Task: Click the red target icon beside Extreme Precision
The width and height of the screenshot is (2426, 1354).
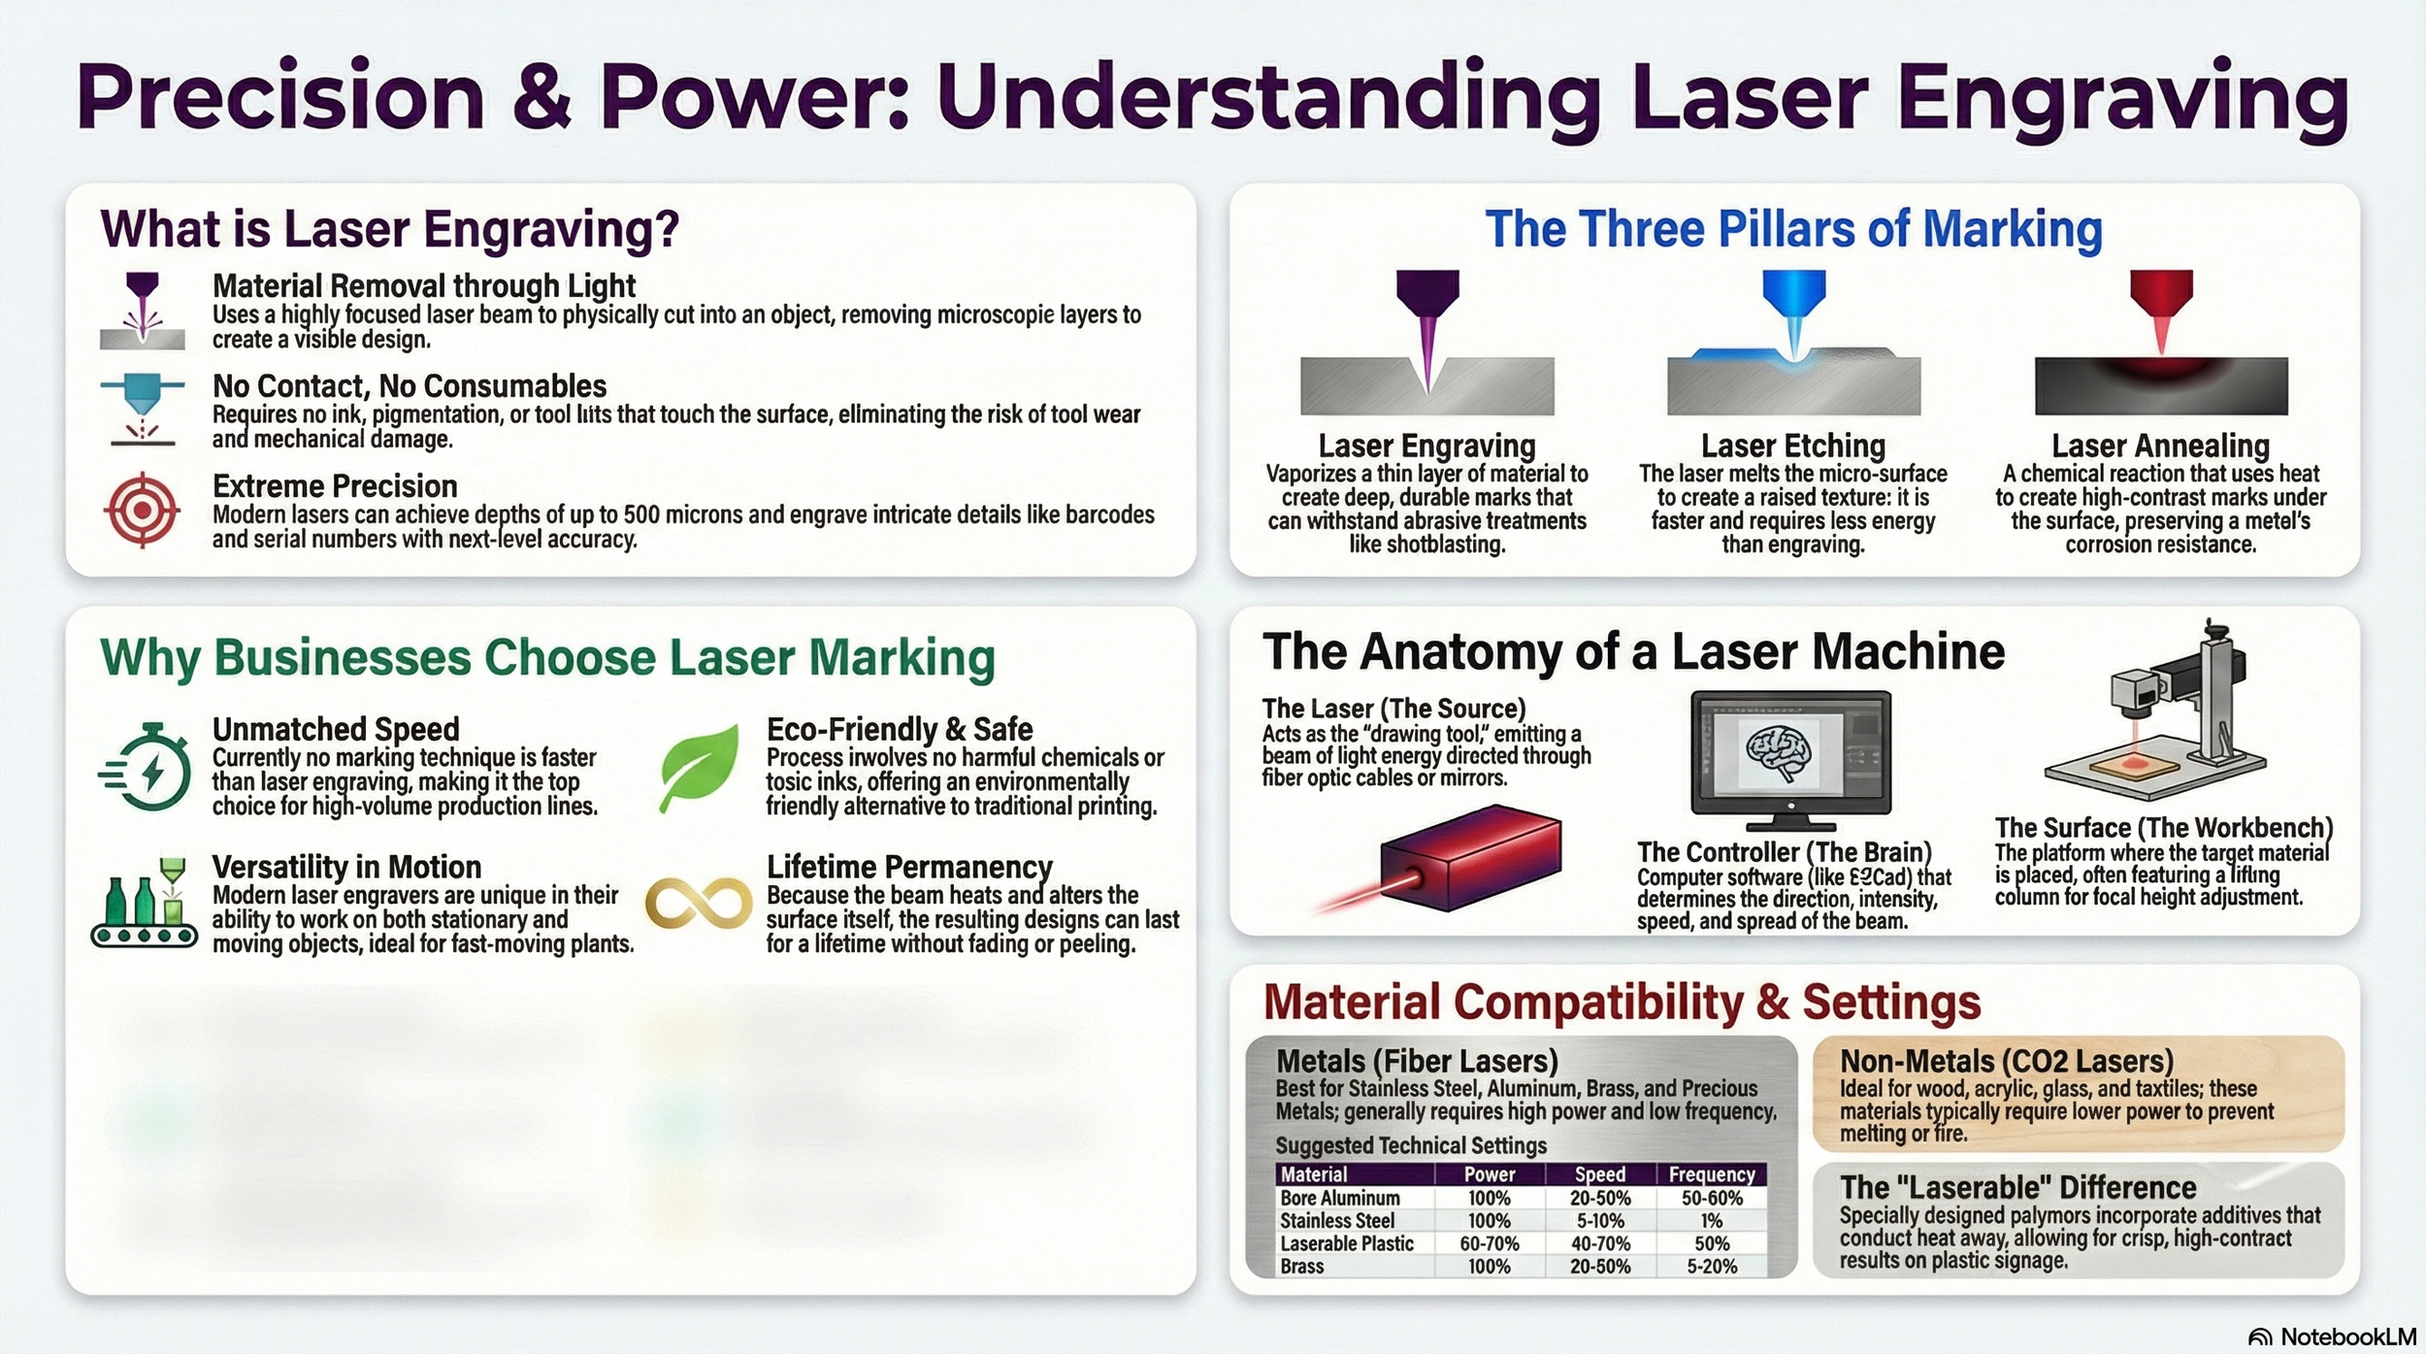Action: (142, 510)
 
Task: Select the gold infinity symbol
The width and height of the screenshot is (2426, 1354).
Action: (698, 904)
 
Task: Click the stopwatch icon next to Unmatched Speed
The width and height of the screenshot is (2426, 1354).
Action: (148, 768)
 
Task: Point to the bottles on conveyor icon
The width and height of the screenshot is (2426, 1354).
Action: (144, 905)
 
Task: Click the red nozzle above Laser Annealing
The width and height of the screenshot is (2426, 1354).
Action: (2161, 297)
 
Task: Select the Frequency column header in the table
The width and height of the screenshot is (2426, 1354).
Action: (1712, 1174)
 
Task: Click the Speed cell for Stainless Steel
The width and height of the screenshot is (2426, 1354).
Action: (1599, 1221)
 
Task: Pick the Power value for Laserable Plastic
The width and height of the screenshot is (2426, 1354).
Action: (1489, 1244)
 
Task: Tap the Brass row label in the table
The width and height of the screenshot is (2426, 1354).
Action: (1301, 1267)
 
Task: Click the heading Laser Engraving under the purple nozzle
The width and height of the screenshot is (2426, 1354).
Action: (1426, 446)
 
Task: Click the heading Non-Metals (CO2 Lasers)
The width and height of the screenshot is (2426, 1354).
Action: (2006, 1061)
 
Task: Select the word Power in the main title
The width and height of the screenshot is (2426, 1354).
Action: (755, 97)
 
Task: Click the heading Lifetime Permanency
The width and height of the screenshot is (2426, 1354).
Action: (909, 866)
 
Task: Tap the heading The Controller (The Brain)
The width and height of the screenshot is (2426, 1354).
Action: (1784, 852)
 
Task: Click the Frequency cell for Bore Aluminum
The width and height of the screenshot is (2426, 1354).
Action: (1712, 1199)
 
